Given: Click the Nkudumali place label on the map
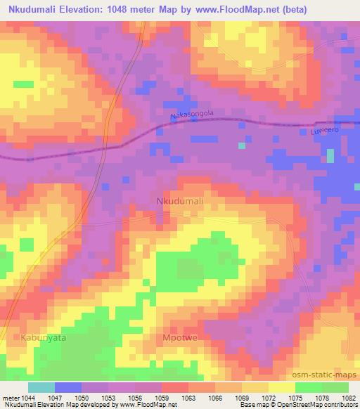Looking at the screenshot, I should point(179,202).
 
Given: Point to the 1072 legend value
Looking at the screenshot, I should point(269,396).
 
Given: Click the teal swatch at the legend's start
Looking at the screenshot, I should point(41,387).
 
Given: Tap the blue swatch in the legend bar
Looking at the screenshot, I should point(68,387).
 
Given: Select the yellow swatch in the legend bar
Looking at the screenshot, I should point(281,387).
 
